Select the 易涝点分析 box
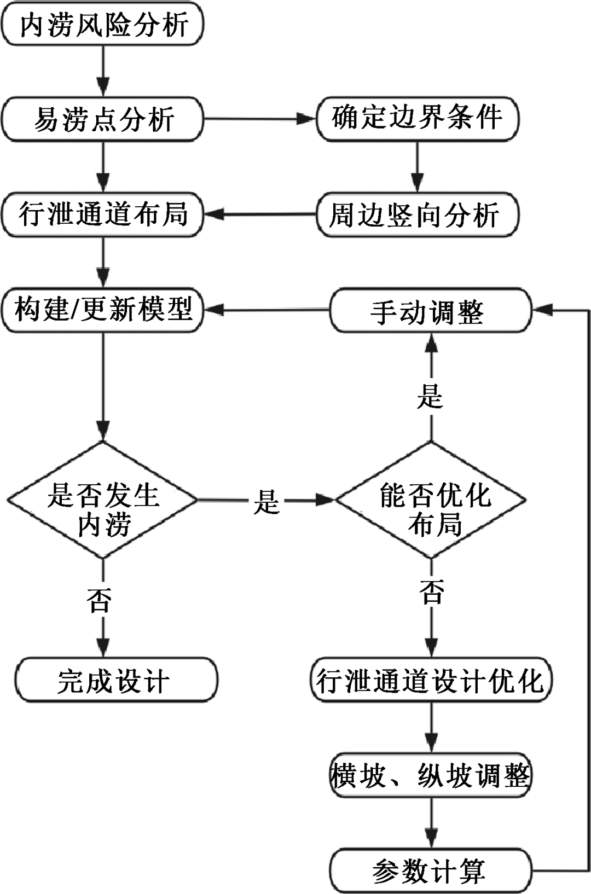click(103, 119)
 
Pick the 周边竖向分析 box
click(417, 214)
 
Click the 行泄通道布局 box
click(103, 214)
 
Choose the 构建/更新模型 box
click(103, 310)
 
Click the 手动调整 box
click(430, 311)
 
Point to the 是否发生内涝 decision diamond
click(103, 500)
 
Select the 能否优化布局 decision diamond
click(431, 500)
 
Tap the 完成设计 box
click(116, 681)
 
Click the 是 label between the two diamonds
click(266, 501)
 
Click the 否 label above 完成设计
click(101, 599)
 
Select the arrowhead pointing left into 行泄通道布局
click(212, 214)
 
